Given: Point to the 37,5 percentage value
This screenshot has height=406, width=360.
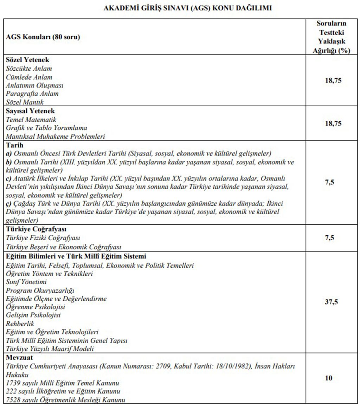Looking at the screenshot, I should [331, 302].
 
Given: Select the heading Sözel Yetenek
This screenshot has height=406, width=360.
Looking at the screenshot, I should [27, 60].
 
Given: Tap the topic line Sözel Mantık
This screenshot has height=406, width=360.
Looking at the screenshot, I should [25, 102].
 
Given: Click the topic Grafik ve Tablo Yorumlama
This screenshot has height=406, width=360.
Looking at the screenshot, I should [46, 128].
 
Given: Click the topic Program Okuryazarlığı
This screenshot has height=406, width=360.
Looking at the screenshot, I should [40, 290].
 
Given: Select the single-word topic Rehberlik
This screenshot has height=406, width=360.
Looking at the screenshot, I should [20, 324].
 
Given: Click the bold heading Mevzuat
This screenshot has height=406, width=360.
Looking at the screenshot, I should [19, 357].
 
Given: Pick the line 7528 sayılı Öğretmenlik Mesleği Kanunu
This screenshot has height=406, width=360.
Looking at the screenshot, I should [65, 400].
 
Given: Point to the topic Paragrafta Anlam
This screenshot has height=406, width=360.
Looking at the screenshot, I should [32, 94].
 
